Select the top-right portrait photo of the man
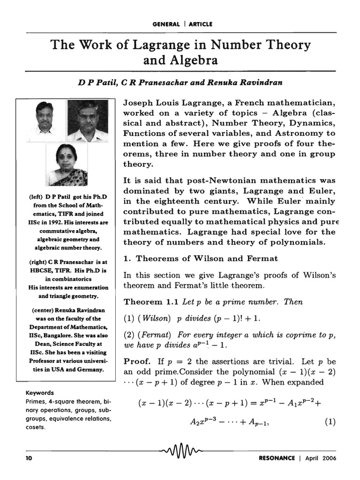(87, 120)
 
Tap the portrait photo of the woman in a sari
(66, 165)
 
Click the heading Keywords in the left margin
(40, 393)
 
